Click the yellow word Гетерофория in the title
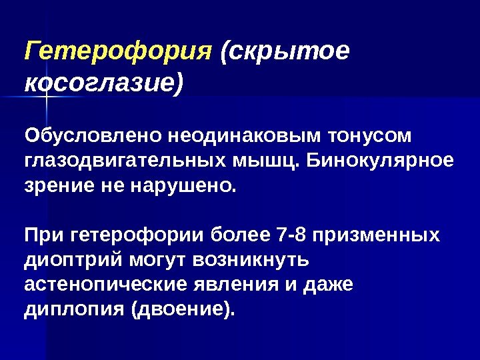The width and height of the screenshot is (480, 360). click(x=117, y=51)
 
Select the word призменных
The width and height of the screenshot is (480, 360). click(x=377, y=236)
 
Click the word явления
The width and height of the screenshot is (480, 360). click(x=233, y=285)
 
